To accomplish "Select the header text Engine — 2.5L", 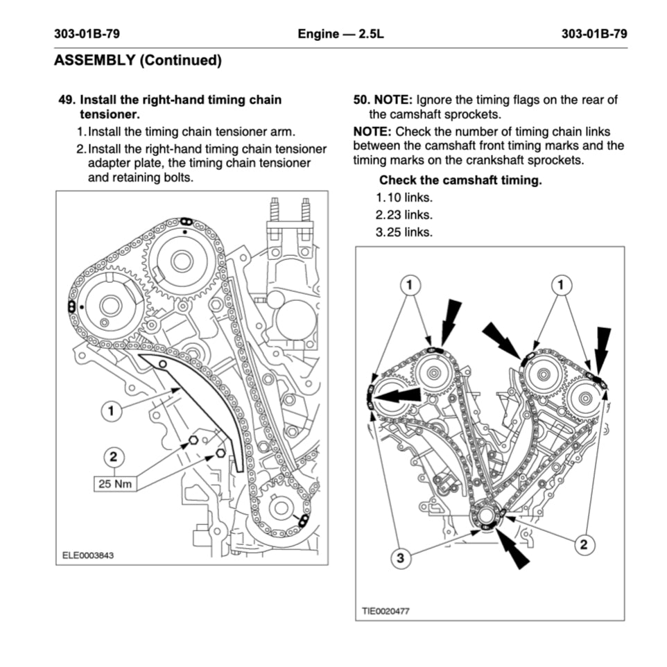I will pos(340,33).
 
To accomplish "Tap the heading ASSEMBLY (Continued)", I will pos(138,60).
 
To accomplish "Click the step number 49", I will pos(67,100).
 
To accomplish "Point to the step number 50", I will pos(362,100).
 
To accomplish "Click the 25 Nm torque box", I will pos(114,483).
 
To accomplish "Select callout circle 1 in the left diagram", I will pos(110,411).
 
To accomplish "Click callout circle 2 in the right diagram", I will pos(583,544).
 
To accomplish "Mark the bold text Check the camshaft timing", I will pos(460,181).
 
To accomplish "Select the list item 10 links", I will pos(404,198).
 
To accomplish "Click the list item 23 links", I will pos(404,215).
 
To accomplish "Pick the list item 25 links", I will pos(404,232).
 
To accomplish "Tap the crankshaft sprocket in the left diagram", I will pos(280,508).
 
